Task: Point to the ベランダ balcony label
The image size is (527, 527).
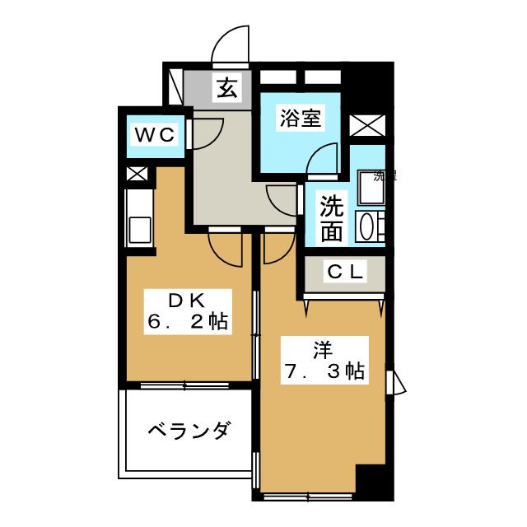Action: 189,430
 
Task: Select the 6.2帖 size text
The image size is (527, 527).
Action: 188,322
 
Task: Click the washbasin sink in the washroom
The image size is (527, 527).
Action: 367,226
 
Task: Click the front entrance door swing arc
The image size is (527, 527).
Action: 231,44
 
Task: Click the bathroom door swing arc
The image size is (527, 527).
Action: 324,158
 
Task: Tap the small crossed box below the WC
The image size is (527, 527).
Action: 137,175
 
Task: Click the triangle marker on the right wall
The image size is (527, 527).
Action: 399,383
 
